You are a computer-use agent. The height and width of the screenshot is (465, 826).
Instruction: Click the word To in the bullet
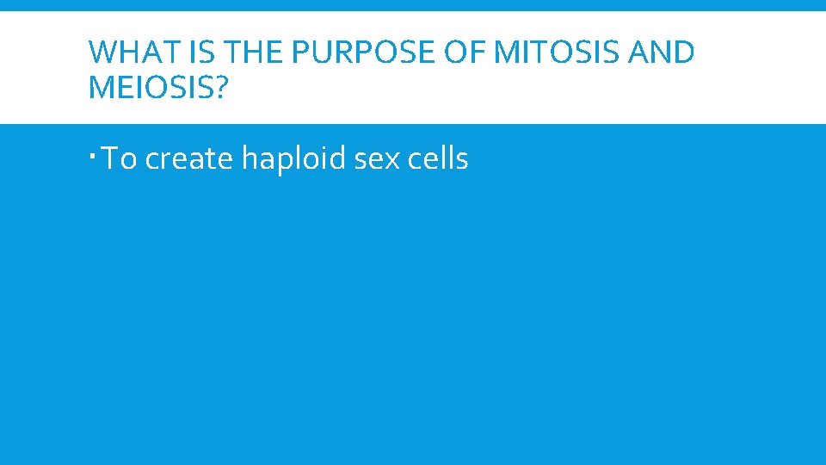coord(120,159)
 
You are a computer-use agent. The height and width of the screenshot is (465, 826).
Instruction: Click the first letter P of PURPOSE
coord(299,53)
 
